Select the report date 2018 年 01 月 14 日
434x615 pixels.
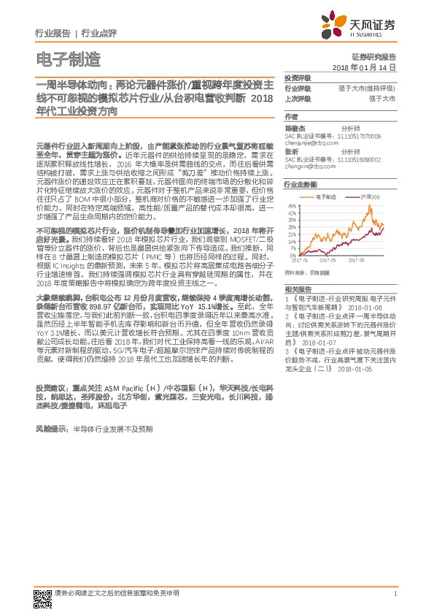tap(363, 67)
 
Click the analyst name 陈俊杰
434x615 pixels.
tap(295, 128)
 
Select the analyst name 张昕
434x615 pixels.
tap(291, 151)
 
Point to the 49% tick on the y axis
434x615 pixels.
tap(291, 207)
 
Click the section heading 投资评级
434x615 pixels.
tap(297, 77)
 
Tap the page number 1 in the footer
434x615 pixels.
tap(395, 594)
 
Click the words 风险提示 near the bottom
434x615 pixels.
tap(50, 429)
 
